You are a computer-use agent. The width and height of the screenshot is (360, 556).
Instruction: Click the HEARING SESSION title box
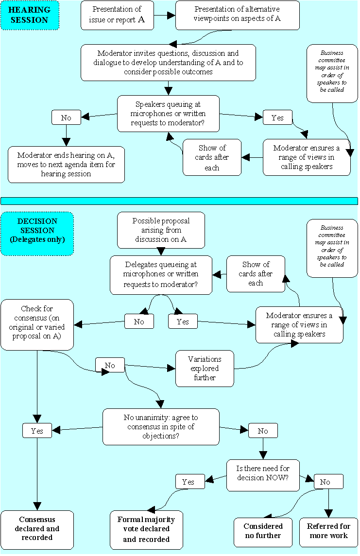pyautogui.click(x=30, y=16)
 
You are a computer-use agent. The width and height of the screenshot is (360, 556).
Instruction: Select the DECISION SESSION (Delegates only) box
pyautogui.click(x=37, y=234)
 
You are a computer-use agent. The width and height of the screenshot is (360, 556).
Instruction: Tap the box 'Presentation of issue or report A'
pyautogui.click(x=117, y=15)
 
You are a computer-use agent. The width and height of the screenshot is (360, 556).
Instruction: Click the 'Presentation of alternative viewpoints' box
pyautogui.click(x=238, y=15)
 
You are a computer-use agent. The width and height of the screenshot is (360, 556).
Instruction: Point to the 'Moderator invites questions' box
pyautogui.click(x=168, y=63)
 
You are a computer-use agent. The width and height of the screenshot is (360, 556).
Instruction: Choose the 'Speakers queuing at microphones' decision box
pyautogui.click(x=168, y=114)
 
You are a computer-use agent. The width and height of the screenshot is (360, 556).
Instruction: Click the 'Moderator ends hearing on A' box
pyautogui.click(x=67, y=165)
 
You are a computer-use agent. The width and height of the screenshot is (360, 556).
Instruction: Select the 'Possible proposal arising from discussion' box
pyautogui.click(x=161, y=230)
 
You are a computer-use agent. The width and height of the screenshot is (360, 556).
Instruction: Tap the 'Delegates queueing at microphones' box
pyautogui.click(x=161, y=275)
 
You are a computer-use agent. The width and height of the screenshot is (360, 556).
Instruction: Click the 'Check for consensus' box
pyautogui.click(x=37, y=324)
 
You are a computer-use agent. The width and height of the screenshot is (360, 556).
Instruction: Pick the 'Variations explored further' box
pyautogui.click(x=205, y=369)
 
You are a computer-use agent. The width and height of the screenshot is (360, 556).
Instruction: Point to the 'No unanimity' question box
pyautogui.click(x=161, y=427)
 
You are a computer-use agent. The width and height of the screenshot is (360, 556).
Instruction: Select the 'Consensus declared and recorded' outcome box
pyautogui.click(x=37, y=529)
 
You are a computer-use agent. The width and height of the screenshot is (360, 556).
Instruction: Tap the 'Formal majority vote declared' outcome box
pyautogui.click(x=146, y=529)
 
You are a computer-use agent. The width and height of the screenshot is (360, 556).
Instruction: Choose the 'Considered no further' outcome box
pyautogui.click(x=263, y=531)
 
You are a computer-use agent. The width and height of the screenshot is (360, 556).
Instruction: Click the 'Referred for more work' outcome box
pyautogui.click(x=328, y=531)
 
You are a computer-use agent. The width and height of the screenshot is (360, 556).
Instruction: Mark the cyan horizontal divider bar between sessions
pyautogui.click(x=179, y=201)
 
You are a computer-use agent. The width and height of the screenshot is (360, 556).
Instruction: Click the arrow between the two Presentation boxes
pyautogui.click(x=165, y=15)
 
